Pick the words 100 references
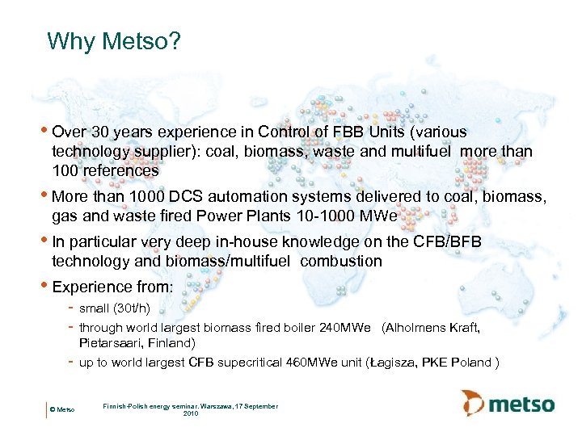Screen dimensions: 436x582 105,171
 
